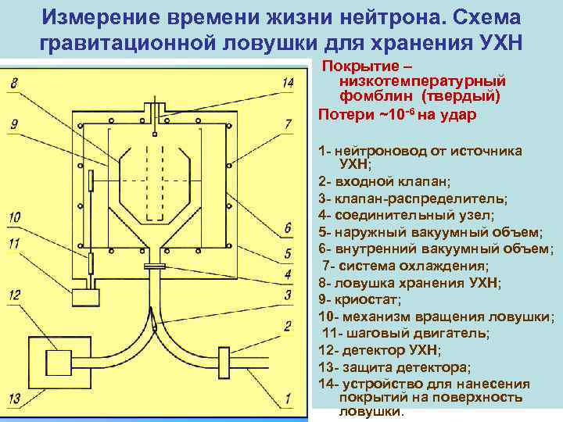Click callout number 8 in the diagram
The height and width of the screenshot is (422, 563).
tap(15, 82)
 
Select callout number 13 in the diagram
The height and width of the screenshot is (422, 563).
tap(15, 399)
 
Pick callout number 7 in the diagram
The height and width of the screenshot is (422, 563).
tap(288, 123)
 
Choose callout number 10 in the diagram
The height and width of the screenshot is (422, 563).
tap(15, 216)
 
